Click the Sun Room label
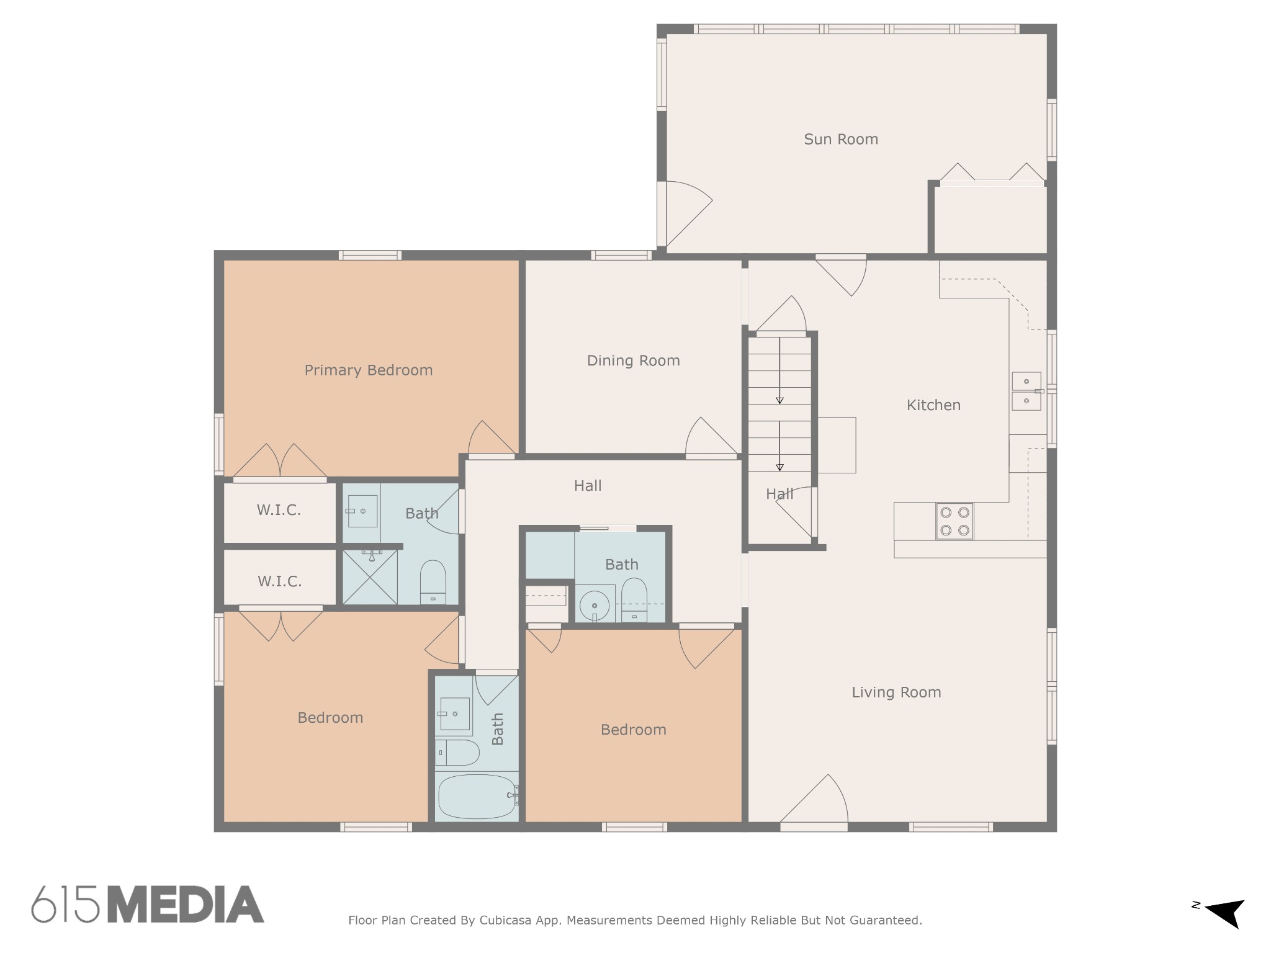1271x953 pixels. click(x=841, y=139)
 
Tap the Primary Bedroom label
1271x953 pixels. click(x=368, y=370)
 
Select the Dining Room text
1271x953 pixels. click(x=633, y=360)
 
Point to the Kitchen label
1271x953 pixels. click(x=933, y=405)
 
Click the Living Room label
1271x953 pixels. click(x=896, y=692)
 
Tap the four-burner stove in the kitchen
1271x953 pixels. click(x=954, y=521)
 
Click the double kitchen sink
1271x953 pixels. click(x=1026, y=391)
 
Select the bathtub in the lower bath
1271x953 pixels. click(x=477, y=797)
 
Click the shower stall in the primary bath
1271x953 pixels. click(x=370, y=577)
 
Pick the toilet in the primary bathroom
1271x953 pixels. click(x=433, y=582)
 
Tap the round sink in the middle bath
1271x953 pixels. click(x=595, y=606)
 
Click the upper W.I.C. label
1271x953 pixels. click(x=279, y=511)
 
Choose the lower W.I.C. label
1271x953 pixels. click(x=279, y=581)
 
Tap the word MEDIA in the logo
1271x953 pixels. click(x=186, y=904)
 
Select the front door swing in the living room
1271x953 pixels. click(x=814, y=800)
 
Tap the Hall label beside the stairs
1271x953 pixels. click(x=779, y=494)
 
